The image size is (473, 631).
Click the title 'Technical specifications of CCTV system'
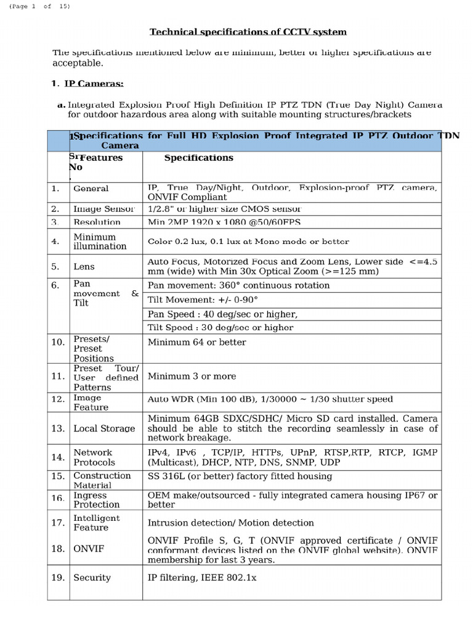(249, 32)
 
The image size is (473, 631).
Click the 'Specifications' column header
(198, 158)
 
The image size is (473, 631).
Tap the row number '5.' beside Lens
(56, 266)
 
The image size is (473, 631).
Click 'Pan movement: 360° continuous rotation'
(239, 285)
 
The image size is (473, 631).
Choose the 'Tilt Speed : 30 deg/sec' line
(220, 327)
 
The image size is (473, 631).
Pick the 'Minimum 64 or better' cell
(197, 342)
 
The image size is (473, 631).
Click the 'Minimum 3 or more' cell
(192, 376)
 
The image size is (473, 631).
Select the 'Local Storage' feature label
(104, 428)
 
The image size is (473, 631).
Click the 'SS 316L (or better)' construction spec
(240, 476)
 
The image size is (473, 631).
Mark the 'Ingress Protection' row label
(96, 500)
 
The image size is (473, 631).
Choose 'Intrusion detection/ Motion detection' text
(231, 523)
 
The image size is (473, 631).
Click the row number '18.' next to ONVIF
(58, 548)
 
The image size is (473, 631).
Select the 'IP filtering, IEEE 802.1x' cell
(202, 577)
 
